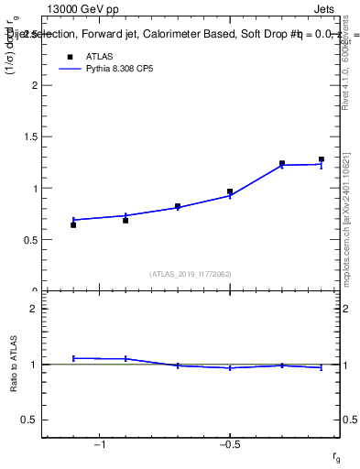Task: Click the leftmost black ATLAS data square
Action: pyautogui.click(x=73, y=224)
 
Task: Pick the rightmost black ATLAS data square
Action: pyautogui.click(x=322, y=159)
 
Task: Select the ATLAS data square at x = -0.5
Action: pyautogui.click(x=230, y=191)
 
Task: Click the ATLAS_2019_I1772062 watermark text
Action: pyautogui.click(x=191, y=274)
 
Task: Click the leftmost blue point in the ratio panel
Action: pyautogui.click(x=73, y=358)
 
